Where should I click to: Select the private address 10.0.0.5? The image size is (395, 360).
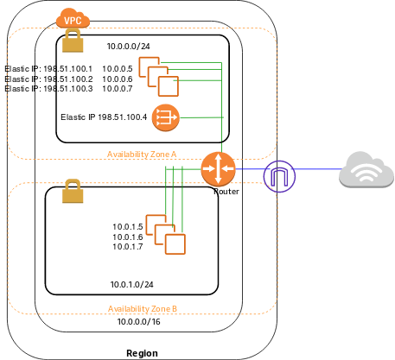(x=117, y=69)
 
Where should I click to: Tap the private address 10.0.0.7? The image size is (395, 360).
(x=117, y=88)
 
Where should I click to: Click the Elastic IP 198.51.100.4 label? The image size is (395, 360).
(x=104, y=117)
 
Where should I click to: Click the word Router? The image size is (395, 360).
(x=226, y=191)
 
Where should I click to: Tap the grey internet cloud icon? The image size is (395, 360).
(x=366, y=169)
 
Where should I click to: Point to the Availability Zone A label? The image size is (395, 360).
(x=142, y=154)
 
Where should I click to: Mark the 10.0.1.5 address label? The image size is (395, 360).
(x=127, y=227)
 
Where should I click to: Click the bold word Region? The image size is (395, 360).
(x=141, y=353)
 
